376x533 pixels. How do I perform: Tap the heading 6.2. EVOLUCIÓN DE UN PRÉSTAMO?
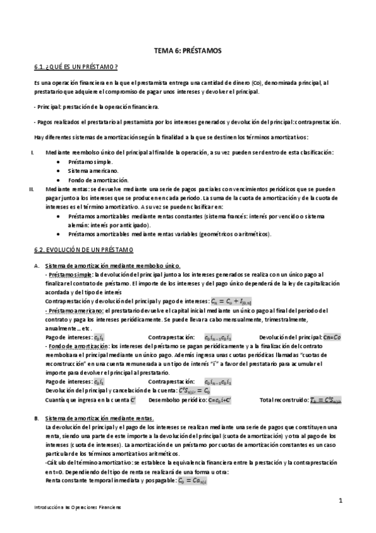(83, 249)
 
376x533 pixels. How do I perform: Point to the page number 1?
(340, 501)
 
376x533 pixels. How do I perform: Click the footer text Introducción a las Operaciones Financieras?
(77, 507)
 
